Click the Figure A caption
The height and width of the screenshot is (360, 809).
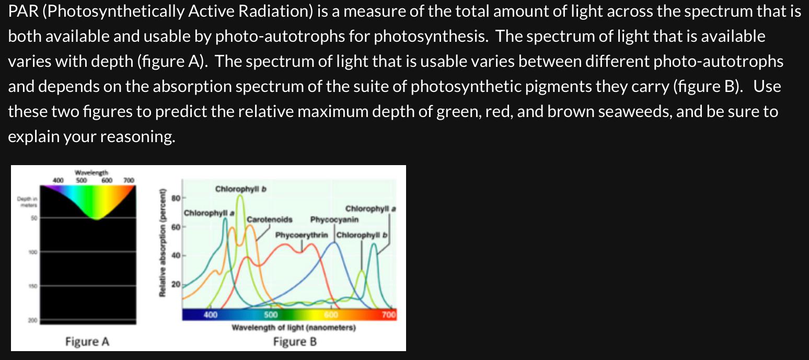point(87,342)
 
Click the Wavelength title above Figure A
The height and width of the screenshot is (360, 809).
point(92,172)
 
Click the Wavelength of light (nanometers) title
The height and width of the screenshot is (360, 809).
point(293,328)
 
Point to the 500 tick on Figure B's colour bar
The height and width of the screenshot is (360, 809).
point(270,315)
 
